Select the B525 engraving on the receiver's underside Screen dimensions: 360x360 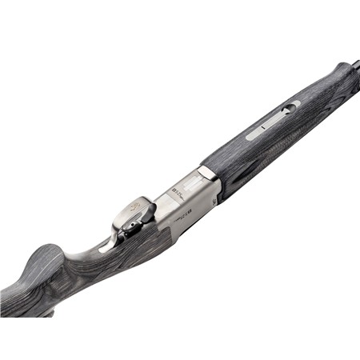pos(178,194)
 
